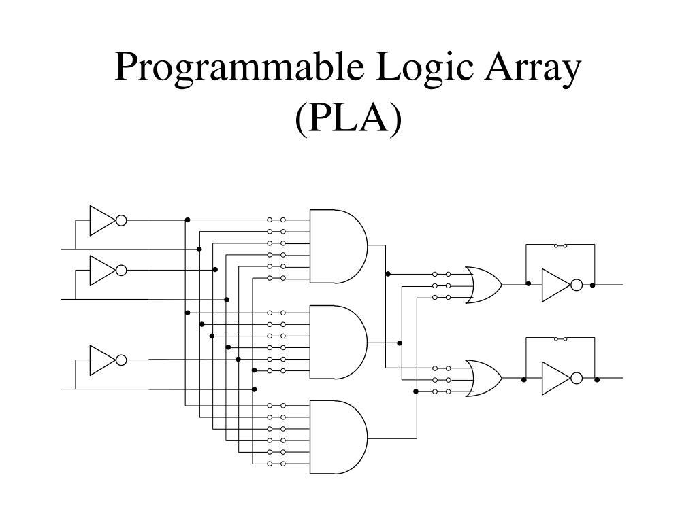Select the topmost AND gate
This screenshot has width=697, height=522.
[338, 246]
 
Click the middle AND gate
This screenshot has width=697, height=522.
[338, 342]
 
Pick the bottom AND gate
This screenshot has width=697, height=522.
[338, 436]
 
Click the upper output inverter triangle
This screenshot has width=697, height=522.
[554, 285]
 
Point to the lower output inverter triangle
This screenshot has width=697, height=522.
[554, 379]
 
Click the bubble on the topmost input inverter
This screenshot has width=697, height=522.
[121, 220]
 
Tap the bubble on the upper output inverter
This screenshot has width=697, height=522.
[577, 285]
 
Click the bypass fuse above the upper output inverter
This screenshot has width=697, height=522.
[561, 245]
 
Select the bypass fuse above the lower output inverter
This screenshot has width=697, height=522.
[561, 338]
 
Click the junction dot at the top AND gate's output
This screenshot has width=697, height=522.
[388, 274]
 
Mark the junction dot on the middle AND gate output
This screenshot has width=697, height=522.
[400, 343]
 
